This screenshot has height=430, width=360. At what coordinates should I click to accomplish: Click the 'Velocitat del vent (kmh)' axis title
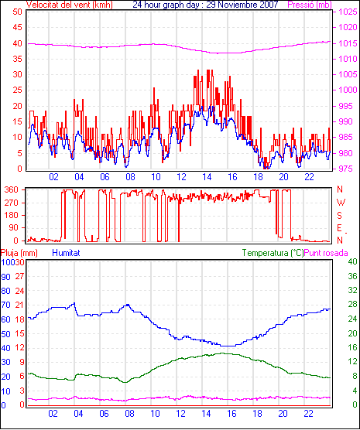pyautogui.click(x=69, y=5)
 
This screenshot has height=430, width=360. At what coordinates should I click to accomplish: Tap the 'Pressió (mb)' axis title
pyautogui.click(x=310, y=5)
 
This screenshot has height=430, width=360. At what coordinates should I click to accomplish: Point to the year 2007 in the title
pyautogui.click(x=269, y=5)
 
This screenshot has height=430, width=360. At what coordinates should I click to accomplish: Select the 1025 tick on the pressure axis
pyautogui.click(x=348, y=12)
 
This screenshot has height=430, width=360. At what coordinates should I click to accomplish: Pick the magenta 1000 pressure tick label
pyautogui.click(x=348, y=90)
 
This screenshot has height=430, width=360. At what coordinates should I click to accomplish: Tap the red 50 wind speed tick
pyautogui.click(x=17, y=12)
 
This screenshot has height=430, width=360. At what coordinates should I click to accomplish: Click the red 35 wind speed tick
pyautogui.click(x=17, y=59)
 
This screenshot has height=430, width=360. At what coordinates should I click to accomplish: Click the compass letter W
pyautogui.click(x=341, y=203)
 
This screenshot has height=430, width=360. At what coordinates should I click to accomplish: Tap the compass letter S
pyautogui.click(x=339, y=216)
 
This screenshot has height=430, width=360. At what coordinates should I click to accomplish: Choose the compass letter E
pyautogui.click(x=339, y=228)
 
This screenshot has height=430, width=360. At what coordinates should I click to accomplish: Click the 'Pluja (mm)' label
pyautogui.click(x=19, y=253)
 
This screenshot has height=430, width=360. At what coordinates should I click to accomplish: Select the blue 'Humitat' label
pyautogui.click(x=66, y=253)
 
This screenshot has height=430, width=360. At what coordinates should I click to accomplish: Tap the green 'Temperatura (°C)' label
pyautogui.click(x=273, y=253)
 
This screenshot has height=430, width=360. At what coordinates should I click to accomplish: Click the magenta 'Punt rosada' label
pyautogui.click(x=326, y=253)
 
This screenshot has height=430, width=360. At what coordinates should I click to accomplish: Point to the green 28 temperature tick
pyautogui.click(x=352, y=305)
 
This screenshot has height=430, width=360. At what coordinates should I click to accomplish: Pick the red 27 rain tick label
pyautogui.click(x=19, y=276)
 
